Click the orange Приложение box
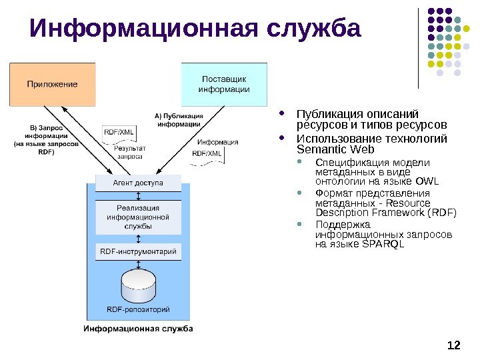[x=52, y=85]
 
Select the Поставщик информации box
[x=224, y=84]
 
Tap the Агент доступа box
[x=138, y=182]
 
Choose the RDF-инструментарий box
[x=138, y=252]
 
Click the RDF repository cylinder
[x=138, y=285]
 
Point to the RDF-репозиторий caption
[x=138, y=309]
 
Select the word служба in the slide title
[x=313, y=29]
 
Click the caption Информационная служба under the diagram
[x=138, y=329]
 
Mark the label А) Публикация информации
[x=179, y=119]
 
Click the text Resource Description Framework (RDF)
[x=386, y=208]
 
